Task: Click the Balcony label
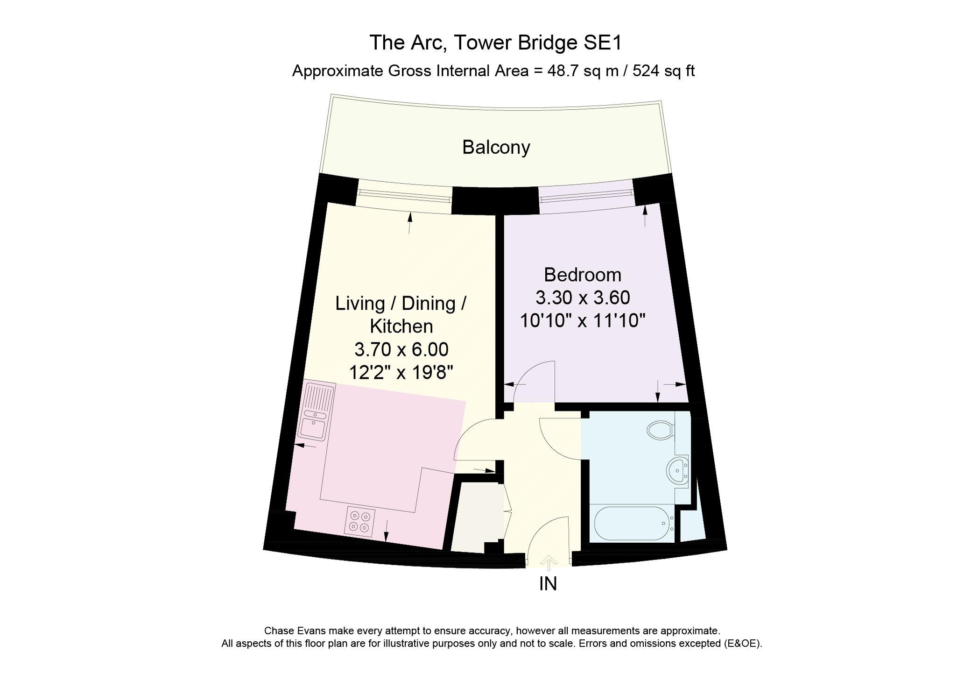pos(496,148)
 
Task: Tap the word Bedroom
pos(583,275)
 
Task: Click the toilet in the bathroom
pos(661,430)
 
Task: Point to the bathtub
pos(633,523)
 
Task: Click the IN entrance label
pos(548,584)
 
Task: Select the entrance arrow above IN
pos(549,563)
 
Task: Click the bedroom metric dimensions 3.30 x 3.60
pos(583,298)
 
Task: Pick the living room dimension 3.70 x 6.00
pos(401,349)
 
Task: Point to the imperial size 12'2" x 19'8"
pos(401,373)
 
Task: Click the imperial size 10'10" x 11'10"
pos(583,321)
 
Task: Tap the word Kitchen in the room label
pos(401,326)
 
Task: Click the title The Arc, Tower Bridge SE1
pos(496,43)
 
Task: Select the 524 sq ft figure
pos(664,71)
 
